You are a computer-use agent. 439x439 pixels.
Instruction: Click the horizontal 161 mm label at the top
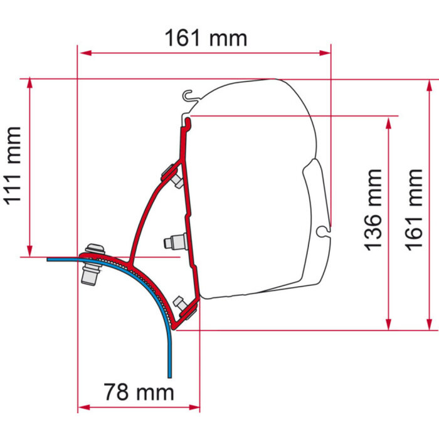click(x=206, y=38)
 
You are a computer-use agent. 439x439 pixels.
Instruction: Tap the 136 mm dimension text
click(x=374, y=209)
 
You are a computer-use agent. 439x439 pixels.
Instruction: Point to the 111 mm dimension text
click(x=12, y=166)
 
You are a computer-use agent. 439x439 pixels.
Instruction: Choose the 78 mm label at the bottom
click(x=139, y=393)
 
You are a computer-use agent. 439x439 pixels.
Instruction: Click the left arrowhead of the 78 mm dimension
click(x=82, y=408)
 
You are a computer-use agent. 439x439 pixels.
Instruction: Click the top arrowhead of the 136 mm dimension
click(x=389, y=121)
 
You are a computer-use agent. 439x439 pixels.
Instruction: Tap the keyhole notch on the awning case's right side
click(x=324, y=231)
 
